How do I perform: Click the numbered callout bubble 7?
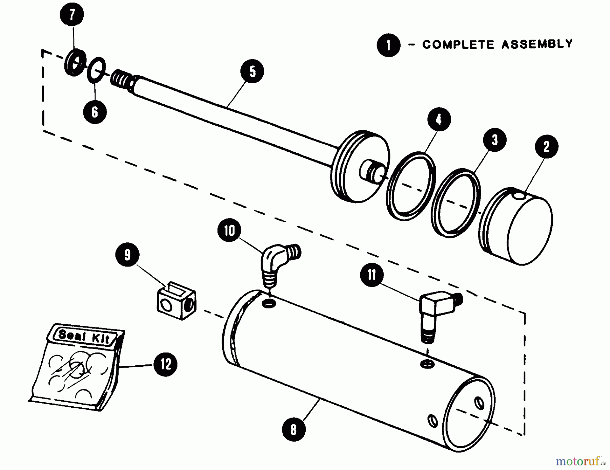click(x=72, y=15)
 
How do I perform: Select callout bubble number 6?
click(x=95, y=112)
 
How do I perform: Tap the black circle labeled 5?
click(x=252, y=71)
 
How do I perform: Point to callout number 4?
click(x=439, y=119)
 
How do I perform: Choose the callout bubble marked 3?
click(x=495, y=140)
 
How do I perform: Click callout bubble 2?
click(x=546, y=146)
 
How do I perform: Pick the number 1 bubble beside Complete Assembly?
click(x=388, y=45)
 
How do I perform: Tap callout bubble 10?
click(x=229, y=231)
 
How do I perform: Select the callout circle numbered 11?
click(x=372, y=275)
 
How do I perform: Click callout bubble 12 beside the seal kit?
click(x=165, y=364)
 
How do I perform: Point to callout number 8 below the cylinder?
click(x=293, y=429)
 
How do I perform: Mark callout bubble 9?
click(x=127, y=255)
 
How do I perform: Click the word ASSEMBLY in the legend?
click(x=537, y=44)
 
